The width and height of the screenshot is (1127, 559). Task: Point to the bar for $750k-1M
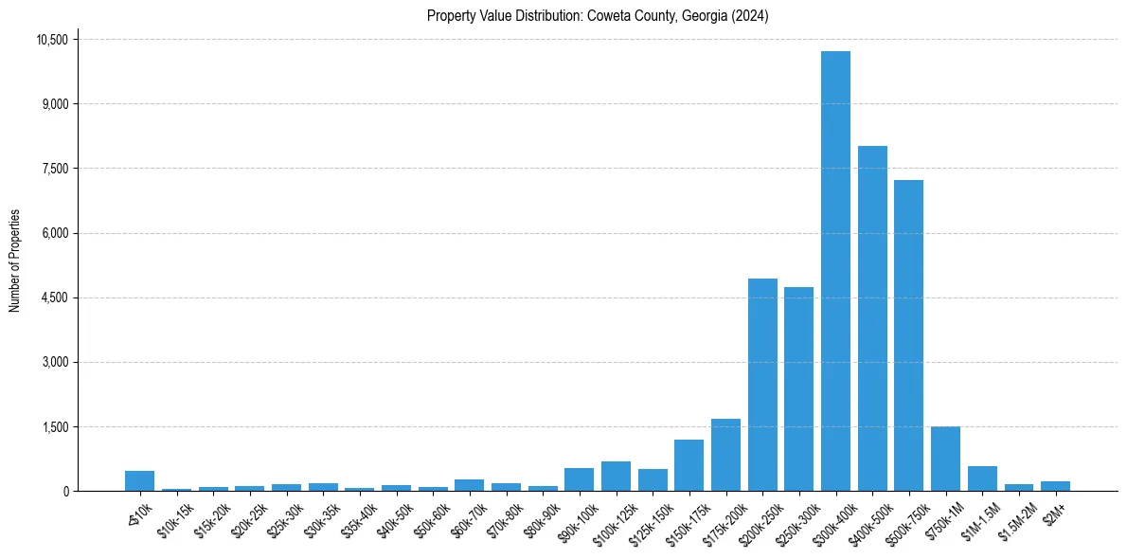click(x=945, y=459)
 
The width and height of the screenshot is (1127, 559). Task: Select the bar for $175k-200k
click(x=725, y=455)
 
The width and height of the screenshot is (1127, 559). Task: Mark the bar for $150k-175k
click(x=689, y=465)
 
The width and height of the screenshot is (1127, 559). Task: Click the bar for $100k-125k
click(x=616, y=477)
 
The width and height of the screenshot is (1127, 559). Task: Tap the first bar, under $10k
click(x=139, y=480)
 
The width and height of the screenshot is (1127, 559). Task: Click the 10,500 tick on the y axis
click(x=51, y=40)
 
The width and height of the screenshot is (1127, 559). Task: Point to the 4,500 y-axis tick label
click(x=55, y=298)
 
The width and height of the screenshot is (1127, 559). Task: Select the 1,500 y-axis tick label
click(x=55, y=427)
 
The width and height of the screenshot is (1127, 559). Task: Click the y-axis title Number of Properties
click(x=15, y=261)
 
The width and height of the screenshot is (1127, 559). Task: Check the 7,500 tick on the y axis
click(x=55, y=169)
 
